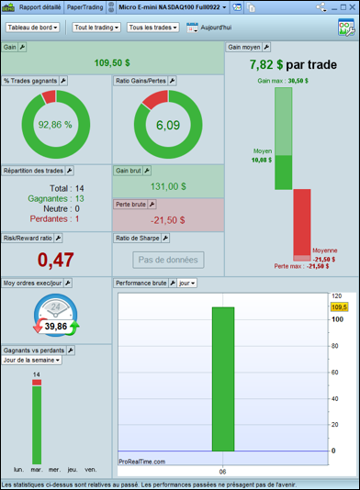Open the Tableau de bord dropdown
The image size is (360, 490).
(32, 28)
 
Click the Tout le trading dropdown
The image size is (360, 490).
(96, 28)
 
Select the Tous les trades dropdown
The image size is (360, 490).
(153, 28)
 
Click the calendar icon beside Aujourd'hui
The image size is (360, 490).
(192, 28)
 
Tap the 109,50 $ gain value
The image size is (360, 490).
(112, 62)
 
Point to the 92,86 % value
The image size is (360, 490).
(55, 125)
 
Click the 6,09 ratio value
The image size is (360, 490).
(168, 126)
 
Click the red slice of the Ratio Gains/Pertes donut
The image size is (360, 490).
(156, 98)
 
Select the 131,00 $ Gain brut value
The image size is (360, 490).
(168, 186)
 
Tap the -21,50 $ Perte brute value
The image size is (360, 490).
(168, 220)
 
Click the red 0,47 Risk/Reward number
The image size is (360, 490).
(56, 260)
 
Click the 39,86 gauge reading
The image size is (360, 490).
(56, 327)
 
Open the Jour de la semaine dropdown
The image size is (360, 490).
(31, 360)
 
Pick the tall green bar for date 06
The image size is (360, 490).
(223, 379)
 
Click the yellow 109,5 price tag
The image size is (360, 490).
(339, 306)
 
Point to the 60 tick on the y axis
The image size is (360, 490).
(334, 373)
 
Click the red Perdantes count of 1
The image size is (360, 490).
(77, 218)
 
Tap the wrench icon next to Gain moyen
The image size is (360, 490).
(266, 47)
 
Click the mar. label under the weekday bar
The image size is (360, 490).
(37, 470)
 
